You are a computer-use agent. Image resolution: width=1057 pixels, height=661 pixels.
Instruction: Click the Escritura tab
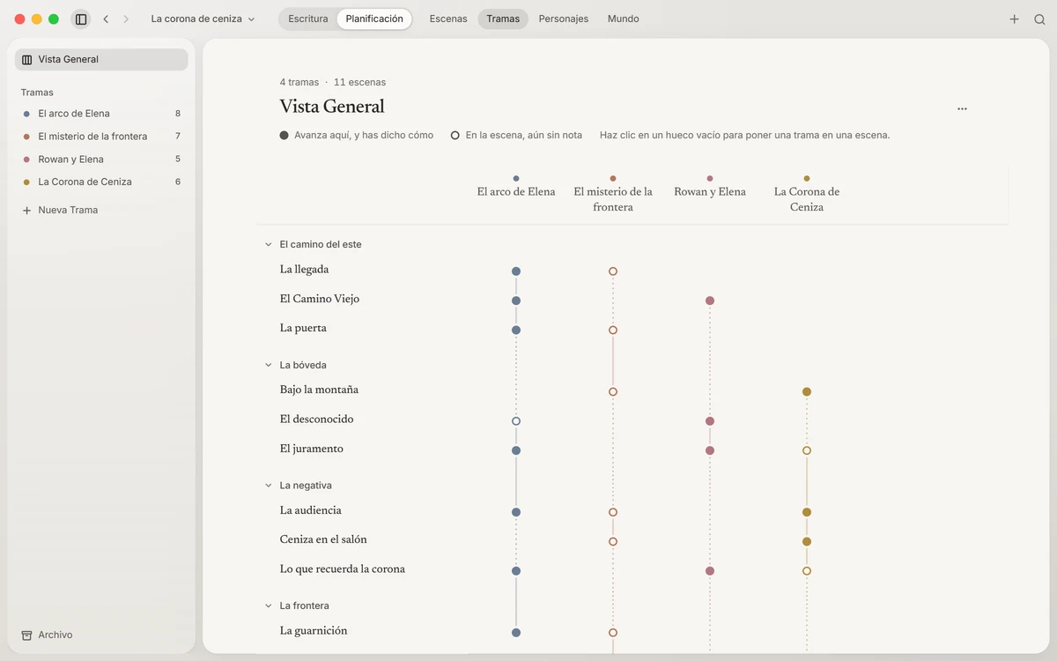307,19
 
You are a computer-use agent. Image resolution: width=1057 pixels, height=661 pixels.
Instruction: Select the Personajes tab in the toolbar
564,19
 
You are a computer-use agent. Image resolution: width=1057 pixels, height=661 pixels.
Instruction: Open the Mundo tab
623,19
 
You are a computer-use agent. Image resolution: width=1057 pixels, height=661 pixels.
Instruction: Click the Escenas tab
447,19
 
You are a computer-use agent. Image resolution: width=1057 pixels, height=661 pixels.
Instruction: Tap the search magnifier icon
1039,19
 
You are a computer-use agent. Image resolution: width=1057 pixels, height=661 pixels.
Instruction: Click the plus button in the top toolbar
1014,19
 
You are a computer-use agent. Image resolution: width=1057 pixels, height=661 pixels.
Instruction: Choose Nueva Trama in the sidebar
68,210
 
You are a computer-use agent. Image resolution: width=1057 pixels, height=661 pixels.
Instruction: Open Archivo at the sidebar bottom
55,635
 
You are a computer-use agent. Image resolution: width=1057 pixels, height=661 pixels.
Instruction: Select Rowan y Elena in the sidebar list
70,160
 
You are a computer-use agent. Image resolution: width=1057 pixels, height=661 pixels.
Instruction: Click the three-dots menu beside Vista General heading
962,109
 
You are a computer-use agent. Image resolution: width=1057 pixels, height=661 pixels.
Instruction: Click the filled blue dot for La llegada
516,271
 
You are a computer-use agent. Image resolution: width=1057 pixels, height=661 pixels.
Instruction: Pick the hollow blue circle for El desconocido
516,420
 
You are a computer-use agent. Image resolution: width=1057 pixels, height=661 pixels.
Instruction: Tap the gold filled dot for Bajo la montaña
807,391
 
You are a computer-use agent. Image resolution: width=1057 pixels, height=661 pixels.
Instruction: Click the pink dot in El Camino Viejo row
709,301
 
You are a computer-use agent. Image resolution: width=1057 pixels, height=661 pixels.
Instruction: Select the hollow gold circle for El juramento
807,450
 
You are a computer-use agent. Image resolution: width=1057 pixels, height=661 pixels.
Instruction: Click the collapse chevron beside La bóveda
268,365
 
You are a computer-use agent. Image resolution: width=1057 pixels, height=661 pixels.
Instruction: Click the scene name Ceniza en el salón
322,539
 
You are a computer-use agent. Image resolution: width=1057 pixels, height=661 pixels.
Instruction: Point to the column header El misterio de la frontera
612,199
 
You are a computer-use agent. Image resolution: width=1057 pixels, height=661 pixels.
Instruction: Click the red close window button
19,19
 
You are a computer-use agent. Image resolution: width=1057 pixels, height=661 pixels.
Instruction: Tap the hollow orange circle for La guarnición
612,632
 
